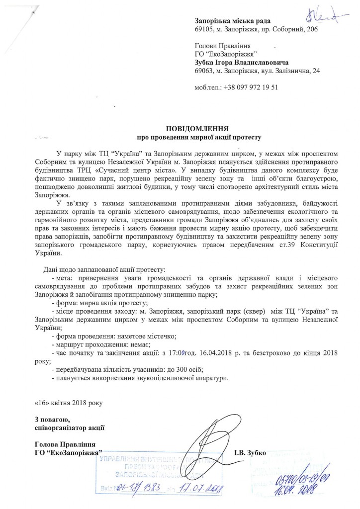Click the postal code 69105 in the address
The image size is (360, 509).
tap(204, 29)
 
